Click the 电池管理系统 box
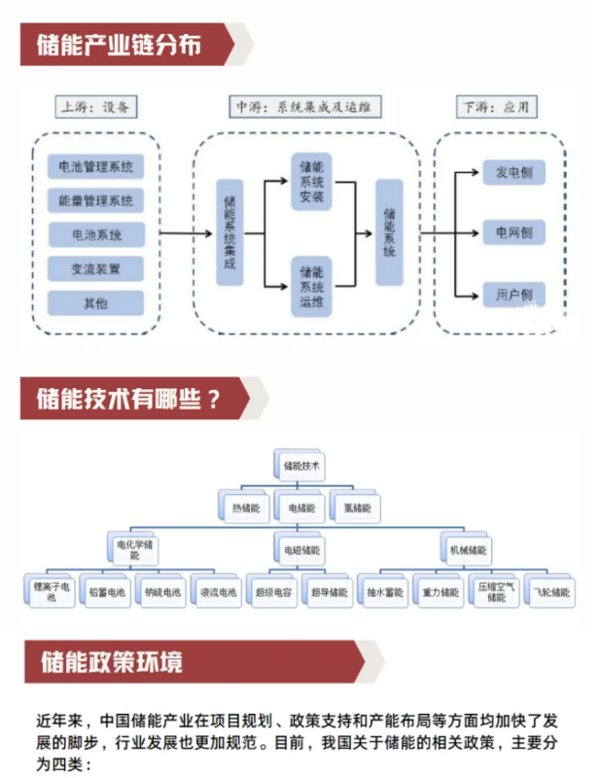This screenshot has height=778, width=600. [95, 167]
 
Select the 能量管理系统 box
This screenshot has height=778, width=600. [95, 201]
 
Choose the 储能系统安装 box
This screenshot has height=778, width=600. [312, 179]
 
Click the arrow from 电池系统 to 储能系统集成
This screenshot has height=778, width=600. [185, 234]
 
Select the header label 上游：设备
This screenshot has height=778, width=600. [95, 106]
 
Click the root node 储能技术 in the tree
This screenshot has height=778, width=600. [300, 467]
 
